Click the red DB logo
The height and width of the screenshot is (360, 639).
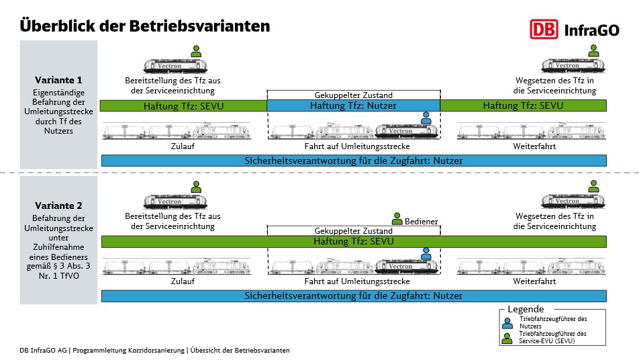pos(544,30)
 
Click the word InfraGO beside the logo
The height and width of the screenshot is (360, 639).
pos(592,30)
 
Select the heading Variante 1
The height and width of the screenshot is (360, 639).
pos(58,80)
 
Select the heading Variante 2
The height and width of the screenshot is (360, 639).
pos(58,206)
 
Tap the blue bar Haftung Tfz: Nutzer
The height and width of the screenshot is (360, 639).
pos(353,105)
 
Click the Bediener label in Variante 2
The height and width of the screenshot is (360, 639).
pos(421,222)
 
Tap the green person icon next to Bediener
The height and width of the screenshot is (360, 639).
pos(397,219)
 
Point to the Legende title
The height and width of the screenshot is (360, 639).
pos(526,309)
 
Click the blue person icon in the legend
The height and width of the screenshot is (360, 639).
pos(507,323)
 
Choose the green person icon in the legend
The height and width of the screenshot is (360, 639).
pos(507,339)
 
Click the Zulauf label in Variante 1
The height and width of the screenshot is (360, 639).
pos(183,146)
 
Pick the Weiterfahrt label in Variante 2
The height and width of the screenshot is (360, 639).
pos(534,281)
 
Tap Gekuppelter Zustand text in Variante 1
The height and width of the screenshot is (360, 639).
pos(353,95)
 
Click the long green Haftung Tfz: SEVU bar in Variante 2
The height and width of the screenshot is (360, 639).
pos(354,241)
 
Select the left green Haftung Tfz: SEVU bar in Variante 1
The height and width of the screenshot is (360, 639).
pos(183,106)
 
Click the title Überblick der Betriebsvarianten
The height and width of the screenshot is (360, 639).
pos(145,26)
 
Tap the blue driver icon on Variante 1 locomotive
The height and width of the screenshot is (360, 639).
pos(426,118)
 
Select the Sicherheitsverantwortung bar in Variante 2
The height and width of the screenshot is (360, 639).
pos(354,296)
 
